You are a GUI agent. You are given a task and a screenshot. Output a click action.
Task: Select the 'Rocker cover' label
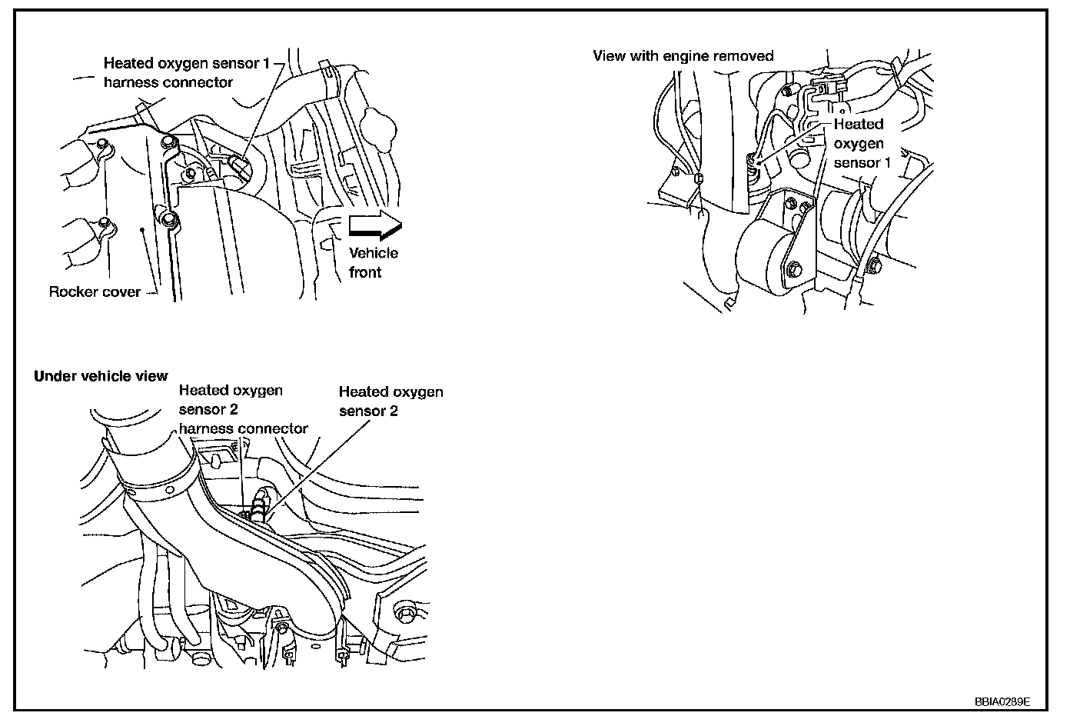coord(95,292)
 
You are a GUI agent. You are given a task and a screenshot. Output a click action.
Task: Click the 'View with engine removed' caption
coord(683,56)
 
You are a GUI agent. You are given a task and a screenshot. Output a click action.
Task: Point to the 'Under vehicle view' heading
coord(101,376)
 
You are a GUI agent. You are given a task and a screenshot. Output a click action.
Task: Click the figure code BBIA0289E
coord(1002,701)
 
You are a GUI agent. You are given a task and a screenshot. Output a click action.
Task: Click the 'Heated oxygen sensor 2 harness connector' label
coord(243,410)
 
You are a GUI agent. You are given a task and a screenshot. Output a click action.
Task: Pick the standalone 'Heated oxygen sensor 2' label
coord(390,401)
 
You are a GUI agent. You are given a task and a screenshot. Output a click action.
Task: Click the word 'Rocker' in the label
coord(73,292)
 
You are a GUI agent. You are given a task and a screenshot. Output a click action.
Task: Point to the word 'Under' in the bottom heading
coord(52,376)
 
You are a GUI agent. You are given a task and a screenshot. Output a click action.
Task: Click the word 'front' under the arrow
coord(365,272)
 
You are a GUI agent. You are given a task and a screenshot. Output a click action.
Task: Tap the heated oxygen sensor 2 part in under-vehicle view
coord(261,506)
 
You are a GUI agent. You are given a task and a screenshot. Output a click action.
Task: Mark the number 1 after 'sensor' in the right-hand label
coord(887,163)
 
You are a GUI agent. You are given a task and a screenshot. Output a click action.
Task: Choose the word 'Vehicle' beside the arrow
coord(374,253)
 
